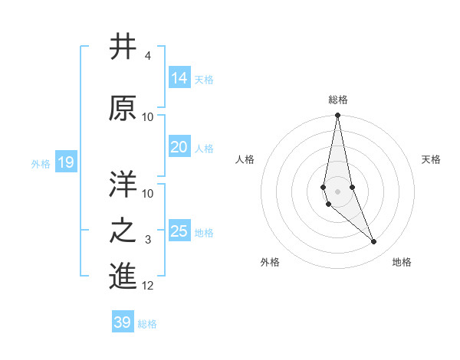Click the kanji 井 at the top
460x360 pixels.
123,47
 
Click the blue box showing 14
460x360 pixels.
179,78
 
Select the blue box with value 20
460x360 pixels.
179,147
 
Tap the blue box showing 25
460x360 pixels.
179,231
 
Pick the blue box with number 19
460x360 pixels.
65,162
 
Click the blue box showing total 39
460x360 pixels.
123,322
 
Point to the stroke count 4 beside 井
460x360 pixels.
148,56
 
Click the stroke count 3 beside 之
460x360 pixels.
148,241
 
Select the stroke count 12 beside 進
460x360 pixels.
148,286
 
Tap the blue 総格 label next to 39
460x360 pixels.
147,324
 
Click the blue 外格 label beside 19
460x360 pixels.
41,163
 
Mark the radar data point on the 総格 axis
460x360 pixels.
337,115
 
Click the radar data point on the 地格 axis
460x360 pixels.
374,242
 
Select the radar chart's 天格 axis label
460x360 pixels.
432,159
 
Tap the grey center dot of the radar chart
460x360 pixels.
337,191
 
